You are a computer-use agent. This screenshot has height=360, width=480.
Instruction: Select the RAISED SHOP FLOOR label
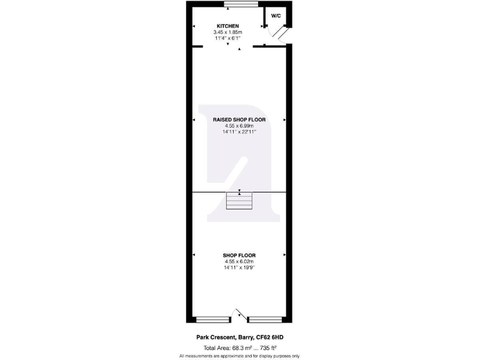pos(239,119)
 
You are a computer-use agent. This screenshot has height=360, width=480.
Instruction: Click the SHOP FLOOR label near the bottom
pos(239,255)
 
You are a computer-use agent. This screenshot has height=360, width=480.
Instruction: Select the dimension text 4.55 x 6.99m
pos(239,126)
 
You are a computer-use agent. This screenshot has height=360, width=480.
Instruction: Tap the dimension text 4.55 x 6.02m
pos(239,261)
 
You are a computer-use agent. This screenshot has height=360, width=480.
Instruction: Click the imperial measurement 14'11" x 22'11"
pos(239,131)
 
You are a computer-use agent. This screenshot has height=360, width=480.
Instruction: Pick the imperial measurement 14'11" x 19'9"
pos(239,267)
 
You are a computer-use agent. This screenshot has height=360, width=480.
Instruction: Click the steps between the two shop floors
pos(239,202)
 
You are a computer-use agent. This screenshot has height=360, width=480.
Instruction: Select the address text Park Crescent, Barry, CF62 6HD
pos(240,337)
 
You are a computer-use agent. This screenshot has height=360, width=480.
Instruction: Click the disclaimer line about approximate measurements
pos(240,356)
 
